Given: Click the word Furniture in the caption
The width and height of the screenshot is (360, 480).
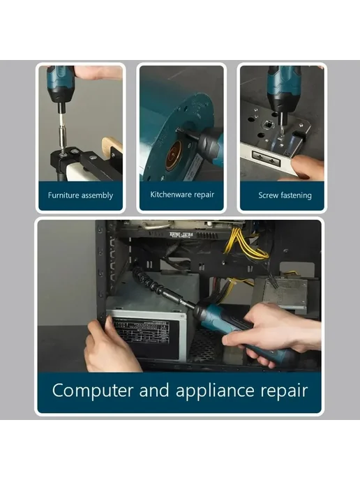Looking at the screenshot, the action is [62, 195].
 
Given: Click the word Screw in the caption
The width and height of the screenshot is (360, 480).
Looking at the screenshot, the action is [268, 195].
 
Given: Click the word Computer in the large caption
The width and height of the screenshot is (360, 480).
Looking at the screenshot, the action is [93, 391].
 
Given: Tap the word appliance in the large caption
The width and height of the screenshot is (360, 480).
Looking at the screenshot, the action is [215, 391].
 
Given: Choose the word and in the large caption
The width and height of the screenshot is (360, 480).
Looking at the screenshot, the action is [154, 390].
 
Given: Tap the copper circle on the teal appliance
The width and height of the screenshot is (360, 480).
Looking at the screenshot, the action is [175, 157].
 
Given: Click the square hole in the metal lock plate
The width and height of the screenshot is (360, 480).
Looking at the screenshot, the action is [266, 125].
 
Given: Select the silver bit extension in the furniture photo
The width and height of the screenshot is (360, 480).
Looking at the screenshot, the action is [62, 133].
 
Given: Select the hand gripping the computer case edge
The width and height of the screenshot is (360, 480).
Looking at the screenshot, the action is [110, 346].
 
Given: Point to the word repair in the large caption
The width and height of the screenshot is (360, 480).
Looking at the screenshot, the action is [284, 391].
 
